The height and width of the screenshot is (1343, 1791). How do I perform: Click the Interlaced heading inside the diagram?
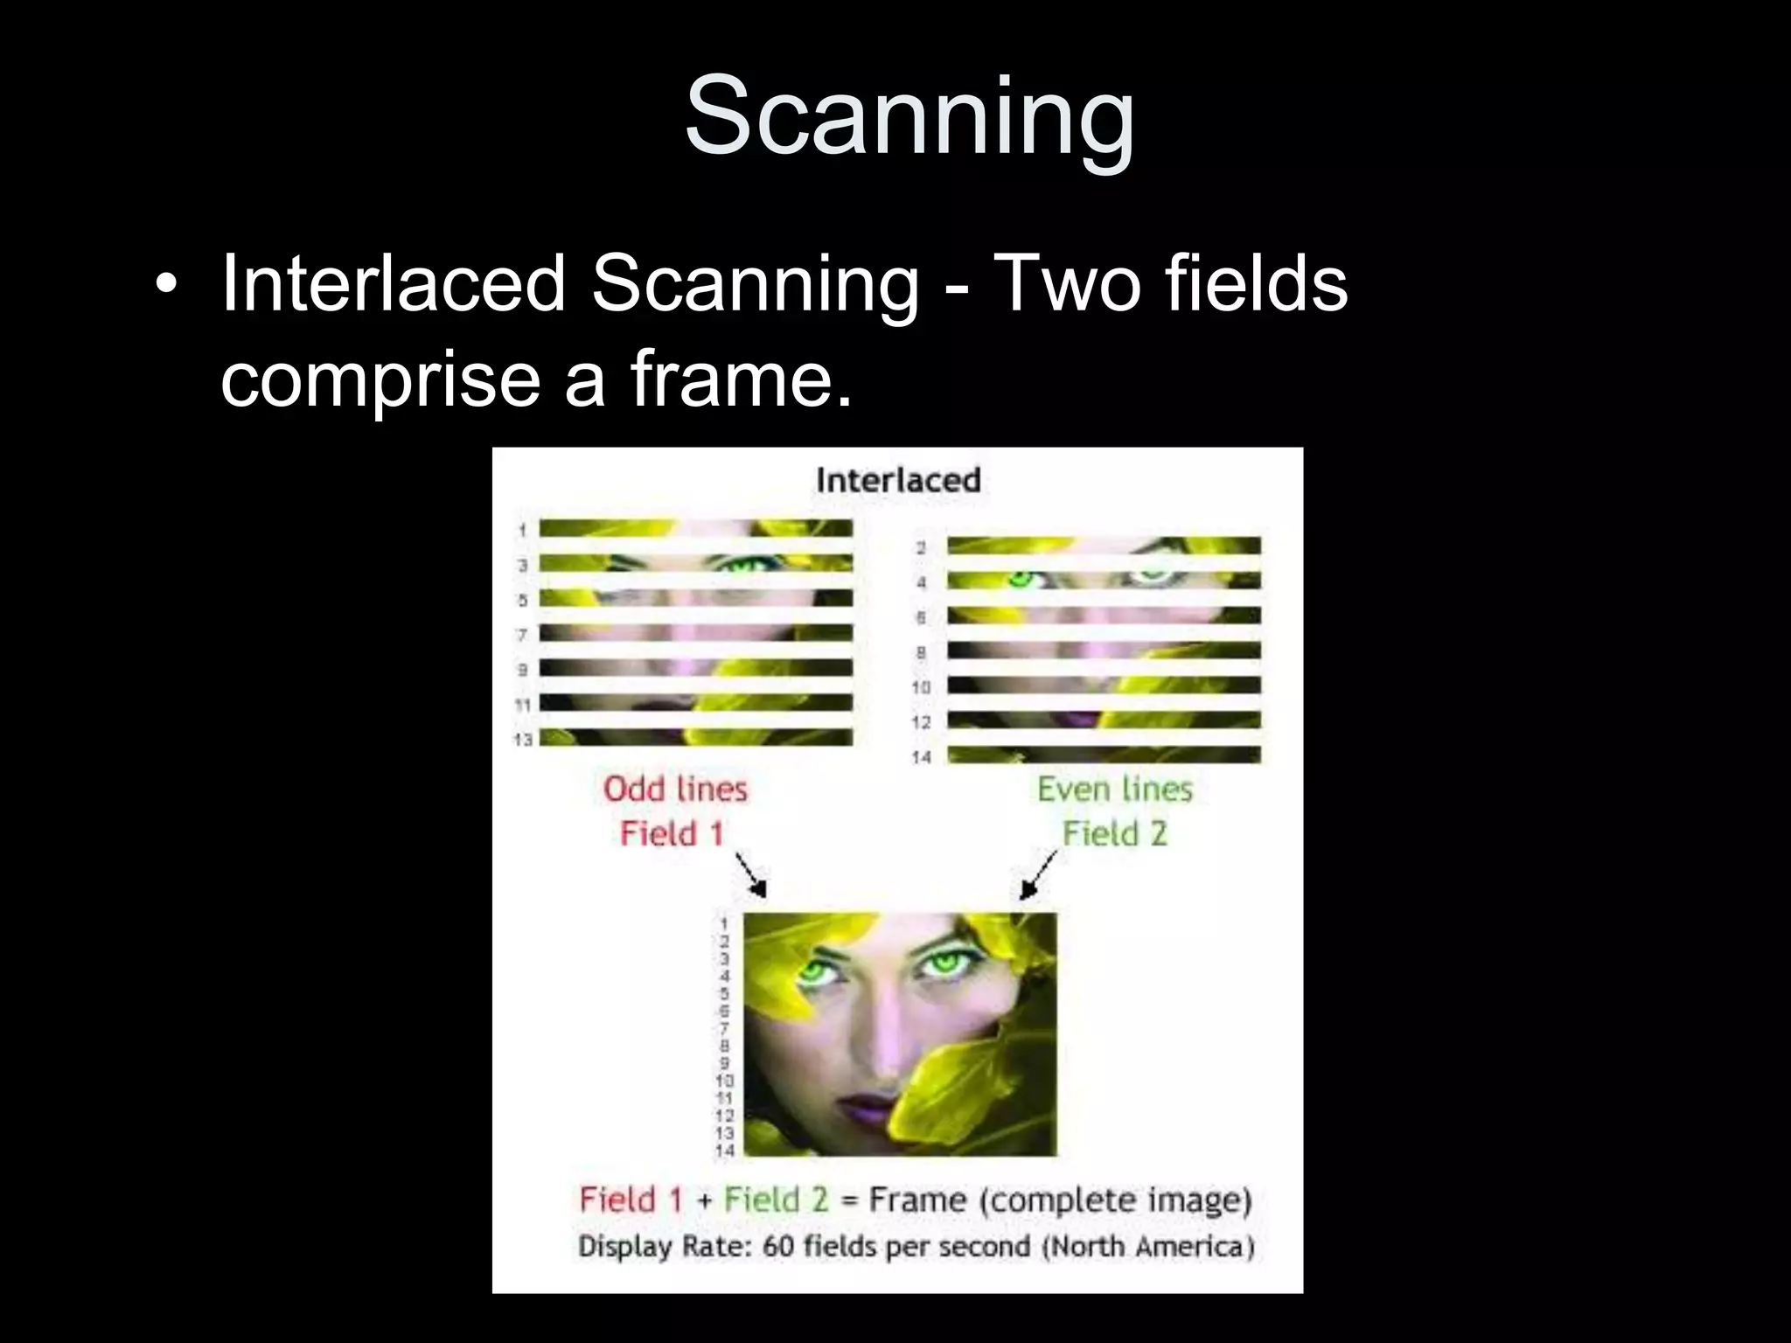pyautogui.click(x=898, y=480)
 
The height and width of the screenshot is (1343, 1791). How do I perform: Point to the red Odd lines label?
pyautogui.click(x=675, y=789)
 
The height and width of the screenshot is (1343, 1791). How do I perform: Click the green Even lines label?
pyautogui.click(x=1115, y=789)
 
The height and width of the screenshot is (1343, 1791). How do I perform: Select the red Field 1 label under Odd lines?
pyautogui.click(x=672, y=833)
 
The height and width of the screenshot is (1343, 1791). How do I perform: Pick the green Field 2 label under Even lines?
pyautogui.click(x=1115, y=833)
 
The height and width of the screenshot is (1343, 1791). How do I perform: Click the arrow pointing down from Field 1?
pyautogui.click(x=751, y=874)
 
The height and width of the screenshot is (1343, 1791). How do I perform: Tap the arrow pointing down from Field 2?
pyautogui.click(x=1038, y=874)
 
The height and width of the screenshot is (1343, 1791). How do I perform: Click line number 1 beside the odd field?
pyautogui.click(x=522, y=530)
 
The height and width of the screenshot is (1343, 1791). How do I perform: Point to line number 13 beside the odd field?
pyautogui.click(x=523, y=740)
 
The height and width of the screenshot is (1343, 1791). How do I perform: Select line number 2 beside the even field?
pyautogui.click(x=920, y=547)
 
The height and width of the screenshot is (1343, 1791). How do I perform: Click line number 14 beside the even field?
pyautogui.click(x=921, y=757)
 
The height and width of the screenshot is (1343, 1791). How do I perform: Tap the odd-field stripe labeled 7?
pyautogui.click(x=695, y=633)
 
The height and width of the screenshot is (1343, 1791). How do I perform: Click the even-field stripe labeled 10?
pyautogui.click(x=1104, y=685)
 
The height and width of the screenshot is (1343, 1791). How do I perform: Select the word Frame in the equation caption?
pyautogui.click(x=917, y=1200)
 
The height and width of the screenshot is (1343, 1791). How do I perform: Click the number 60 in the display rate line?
pyautogui.click(x=777, y=1245)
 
